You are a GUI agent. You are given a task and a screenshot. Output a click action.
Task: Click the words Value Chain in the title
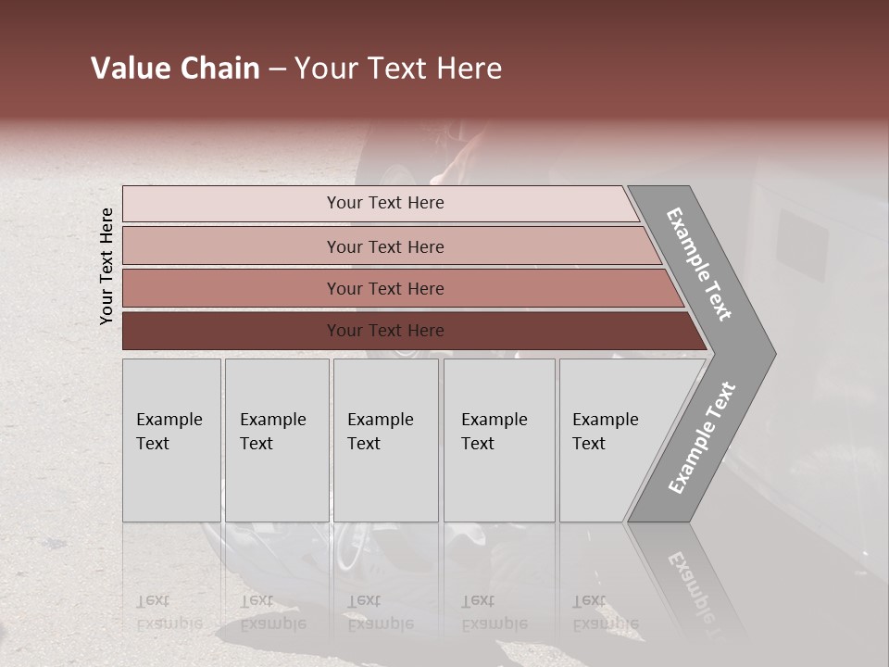tap(175, 69)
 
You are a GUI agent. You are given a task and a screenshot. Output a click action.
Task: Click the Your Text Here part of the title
tap(398, 69)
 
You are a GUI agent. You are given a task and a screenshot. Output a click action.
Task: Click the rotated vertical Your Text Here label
tap(106, 266)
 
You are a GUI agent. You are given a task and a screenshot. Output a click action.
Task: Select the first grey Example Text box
tap(171, 440)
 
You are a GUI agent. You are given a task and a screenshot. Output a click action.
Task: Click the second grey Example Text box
tap(276, 440)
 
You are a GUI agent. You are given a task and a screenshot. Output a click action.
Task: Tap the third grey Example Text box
tap(385, 440)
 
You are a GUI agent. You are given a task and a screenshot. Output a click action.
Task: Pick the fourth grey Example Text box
tap(498, 440)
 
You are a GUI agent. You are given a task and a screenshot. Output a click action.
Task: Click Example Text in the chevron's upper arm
tap(699, 264)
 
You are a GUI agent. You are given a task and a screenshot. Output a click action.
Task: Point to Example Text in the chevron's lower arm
tap(701, 438)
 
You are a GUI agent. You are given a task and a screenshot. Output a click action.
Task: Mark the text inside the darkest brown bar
tap(385, 331)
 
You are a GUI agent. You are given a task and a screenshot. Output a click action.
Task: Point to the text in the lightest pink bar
tap(385, 203)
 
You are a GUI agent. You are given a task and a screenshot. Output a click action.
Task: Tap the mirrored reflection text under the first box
tap(169, 612)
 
